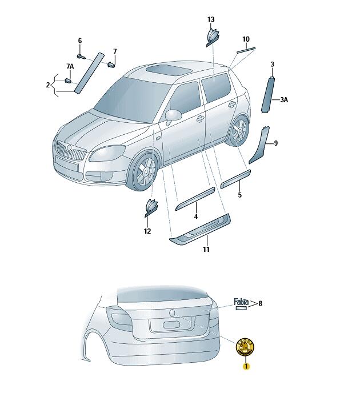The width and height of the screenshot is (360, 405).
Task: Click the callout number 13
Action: pyautogui.click(x=211, y=19)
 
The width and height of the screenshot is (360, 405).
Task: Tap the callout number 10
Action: pyautogui.click(x=246, y=39)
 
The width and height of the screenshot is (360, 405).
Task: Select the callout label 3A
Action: pyautogui.click(x=284, y=100)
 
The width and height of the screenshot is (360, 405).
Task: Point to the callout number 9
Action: pyautogui.click(x=275, y=143)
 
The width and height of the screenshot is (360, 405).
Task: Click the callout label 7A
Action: pyautogui.click(x=70, y=67)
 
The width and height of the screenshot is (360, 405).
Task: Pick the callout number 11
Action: pyautogui.click(x=206, y=250)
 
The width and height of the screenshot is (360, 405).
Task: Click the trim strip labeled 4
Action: pyautogui.click(x=195, y=198)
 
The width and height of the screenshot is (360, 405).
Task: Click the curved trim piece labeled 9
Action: pyautogui.click(x=258, y=146)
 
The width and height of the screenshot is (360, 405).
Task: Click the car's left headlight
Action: pyautogui.click(x=108, y=153)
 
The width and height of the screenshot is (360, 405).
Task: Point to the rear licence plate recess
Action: pyautogui.click(x=170, y=324)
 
